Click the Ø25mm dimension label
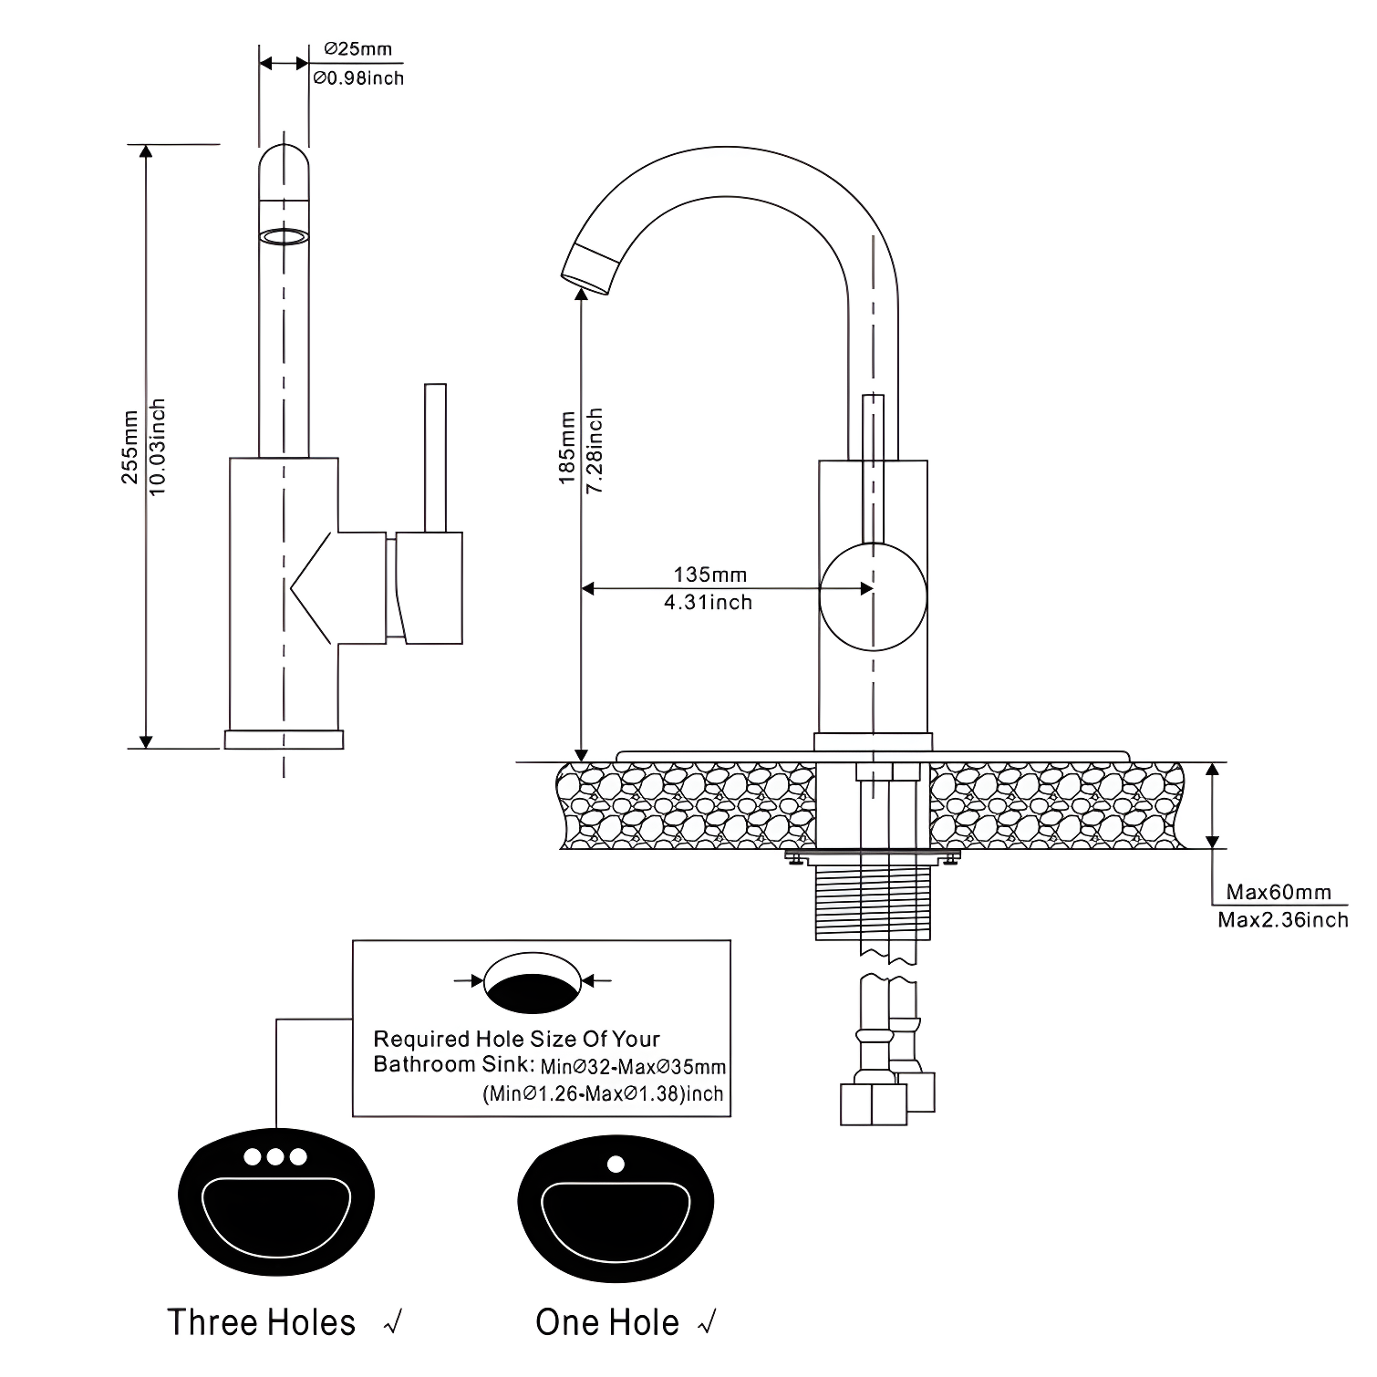coord(358,50)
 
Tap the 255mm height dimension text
coord(130,447)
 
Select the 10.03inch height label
coord(158,447)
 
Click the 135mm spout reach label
coord(709,575)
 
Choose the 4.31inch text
coord(708,602)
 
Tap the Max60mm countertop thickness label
coord(1278,892)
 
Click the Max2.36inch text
coord(1282,919)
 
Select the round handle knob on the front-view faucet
coord(873,596)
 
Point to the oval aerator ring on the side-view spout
coord(284,237)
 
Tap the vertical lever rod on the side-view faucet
coord(435,456)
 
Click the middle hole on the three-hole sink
coord(274,1156)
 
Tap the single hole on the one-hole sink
coord(616,1164)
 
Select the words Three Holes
coord(262,1322)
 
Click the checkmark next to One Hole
coord(706,1322)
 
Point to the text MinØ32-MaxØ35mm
coord(634,1066)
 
